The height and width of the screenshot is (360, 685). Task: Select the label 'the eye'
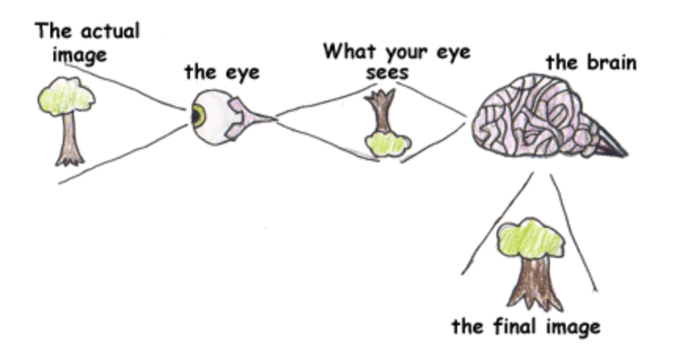click(222, 72)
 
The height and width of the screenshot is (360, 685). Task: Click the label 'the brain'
click(591, 63)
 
